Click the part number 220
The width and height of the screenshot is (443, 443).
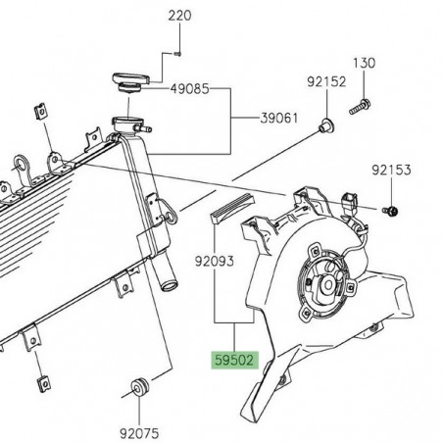coord(181,16)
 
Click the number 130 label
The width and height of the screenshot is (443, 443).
coord(364,63)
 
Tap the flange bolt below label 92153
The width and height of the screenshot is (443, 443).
coord(391,209)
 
